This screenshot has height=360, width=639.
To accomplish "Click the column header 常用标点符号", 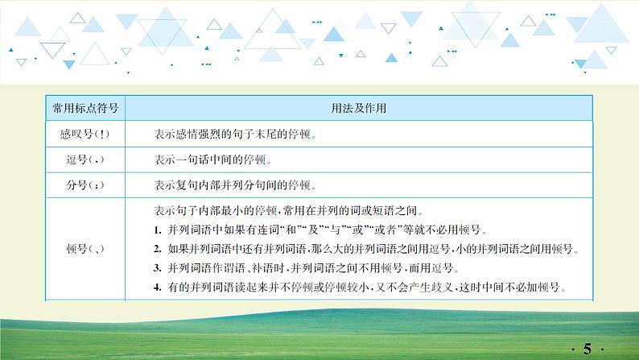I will point(84,107).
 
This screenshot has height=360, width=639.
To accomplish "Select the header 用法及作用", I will point(357,107).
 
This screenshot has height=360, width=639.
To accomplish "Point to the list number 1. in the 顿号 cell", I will point(158,231).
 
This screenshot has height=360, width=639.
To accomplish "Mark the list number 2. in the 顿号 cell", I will point(158,250).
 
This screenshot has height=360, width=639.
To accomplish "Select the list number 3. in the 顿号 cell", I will point(158,268).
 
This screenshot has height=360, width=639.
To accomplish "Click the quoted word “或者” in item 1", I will point(390,231).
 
